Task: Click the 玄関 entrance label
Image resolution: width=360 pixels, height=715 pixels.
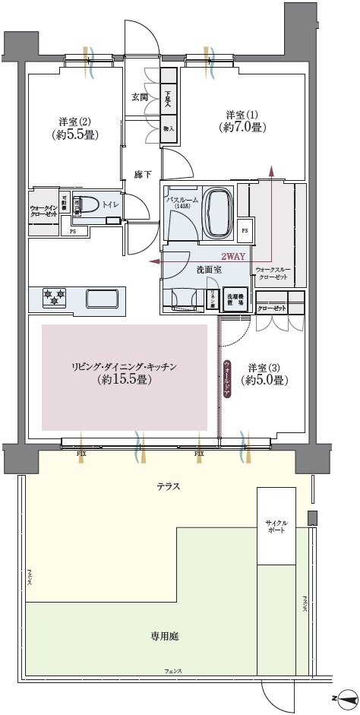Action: tap(139, 96)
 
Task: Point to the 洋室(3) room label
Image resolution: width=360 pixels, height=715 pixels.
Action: tap(263, 374)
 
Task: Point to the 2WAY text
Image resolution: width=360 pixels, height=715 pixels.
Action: tap(233, 257)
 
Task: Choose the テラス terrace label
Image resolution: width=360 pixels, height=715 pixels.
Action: tap(167, 486)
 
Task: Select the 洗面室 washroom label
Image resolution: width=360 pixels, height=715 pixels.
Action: tap(187, 269)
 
